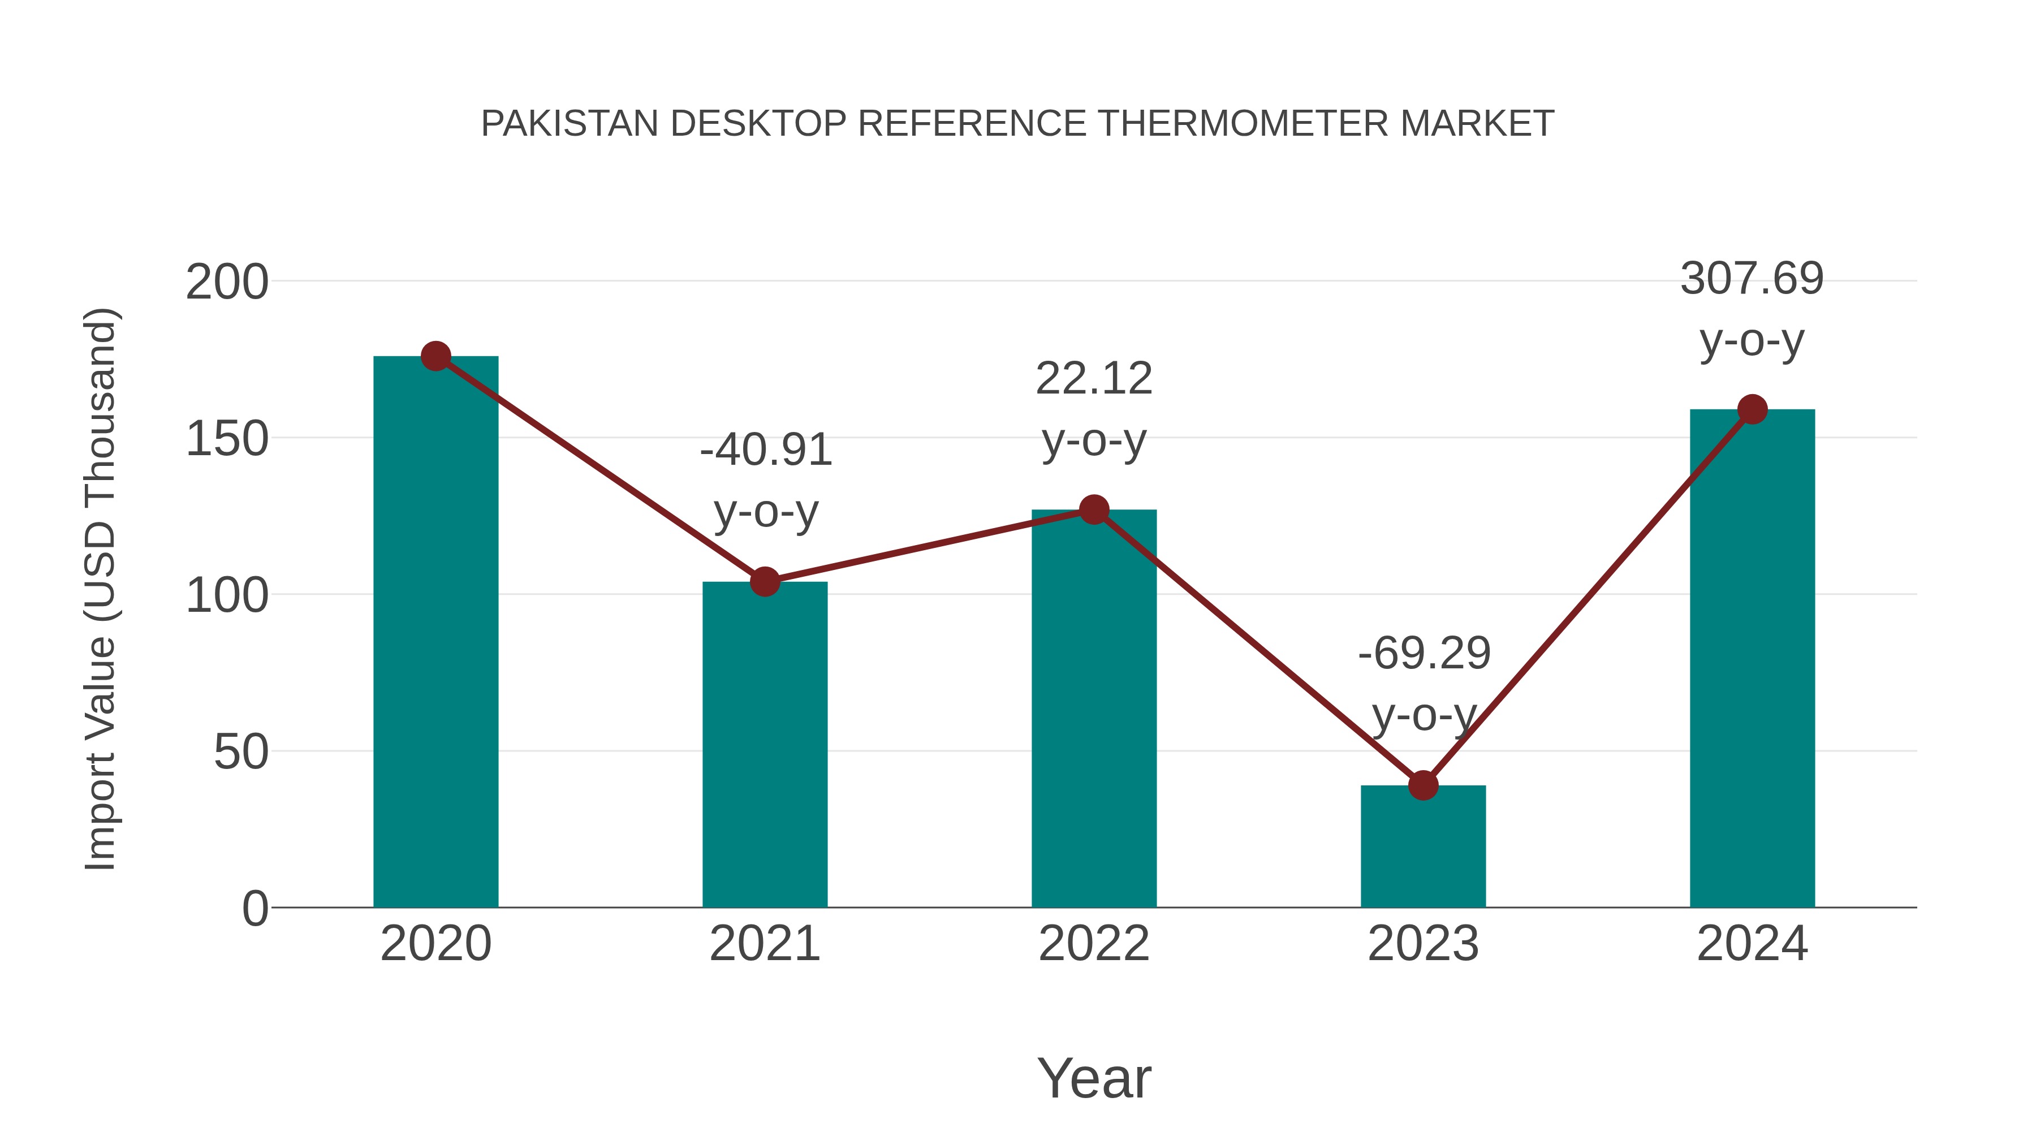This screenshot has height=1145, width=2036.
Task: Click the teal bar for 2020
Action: tap(435, 632)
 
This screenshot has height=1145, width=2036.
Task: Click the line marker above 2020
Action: tap(435, 356)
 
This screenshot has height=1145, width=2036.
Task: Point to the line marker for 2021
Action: tap(764, 582)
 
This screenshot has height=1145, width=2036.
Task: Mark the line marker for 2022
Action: tap(1094, 509)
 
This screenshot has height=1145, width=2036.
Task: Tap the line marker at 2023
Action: tap(1423, 785)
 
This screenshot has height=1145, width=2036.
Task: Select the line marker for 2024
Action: tap(1752, 409)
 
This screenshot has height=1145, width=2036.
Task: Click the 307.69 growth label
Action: tap(1752, 279)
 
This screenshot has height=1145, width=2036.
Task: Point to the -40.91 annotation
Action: tap(766, 451)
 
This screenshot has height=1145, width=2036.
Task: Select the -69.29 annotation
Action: tap(1424, 654)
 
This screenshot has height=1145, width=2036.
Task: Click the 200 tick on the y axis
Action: tap(227, 283)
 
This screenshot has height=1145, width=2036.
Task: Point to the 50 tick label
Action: tap(241, 752)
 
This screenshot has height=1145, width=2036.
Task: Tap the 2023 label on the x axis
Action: tap(1423, 944)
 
